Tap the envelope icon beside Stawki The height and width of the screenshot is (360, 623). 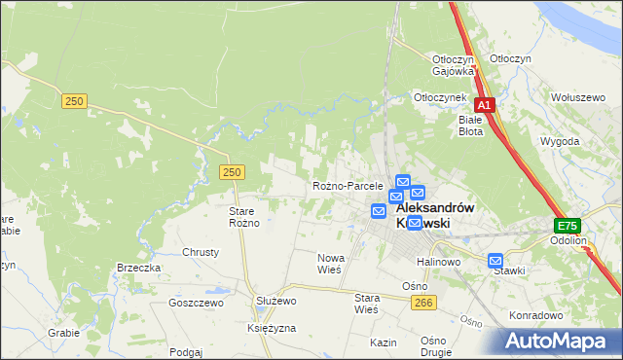[x=495, y=261]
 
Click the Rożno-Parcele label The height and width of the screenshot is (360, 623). [x=348, y=186]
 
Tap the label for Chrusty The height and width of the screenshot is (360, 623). [x=201, y=252]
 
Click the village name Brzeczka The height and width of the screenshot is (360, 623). [x=138, y=268]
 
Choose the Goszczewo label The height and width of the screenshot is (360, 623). [x=196, y=303]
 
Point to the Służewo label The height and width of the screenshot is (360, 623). [x=275, y=302]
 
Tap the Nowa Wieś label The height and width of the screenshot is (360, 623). [x=329, y=264]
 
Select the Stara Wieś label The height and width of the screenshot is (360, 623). [x=366, y=304]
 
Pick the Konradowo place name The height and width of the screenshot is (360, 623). [x=536, y=315]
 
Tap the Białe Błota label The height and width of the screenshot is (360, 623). [x=470, y=126]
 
